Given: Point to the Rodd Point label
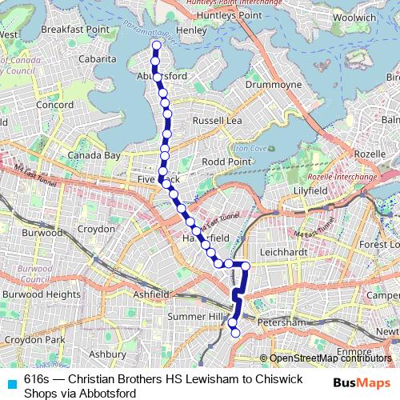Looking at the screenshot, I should point(226,161).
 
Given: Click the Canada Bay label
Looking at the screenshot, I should point(94,154).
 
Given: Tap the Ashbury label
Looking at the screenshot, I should point(107,353).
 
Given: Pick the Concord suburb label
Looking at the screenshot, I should point(54,105).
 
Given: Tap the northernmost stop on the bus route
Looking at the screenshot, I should point(155,46).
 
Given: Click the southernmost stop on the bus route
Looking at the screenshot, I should point(235,334).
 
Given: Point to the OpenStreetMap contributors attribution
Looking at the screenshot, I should point(330,358).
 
